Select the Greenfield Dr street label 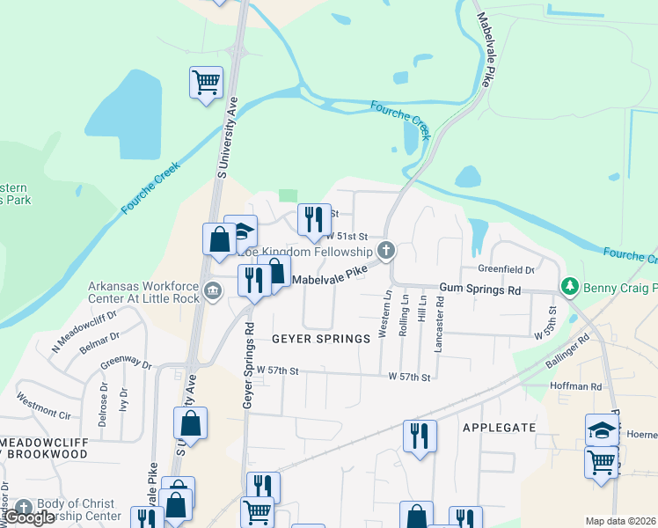coord(507,269)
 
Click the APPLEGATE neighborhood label coord(499,427)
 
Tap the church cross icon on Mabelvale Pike coord(384,252)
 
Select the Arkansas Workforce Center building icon coord(211,290)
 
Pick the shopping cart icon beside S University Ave coord(206,83)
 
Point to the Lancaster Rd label coord(439,324)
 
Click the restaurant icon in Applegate coord(420,435)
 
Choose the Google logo coord(30,517)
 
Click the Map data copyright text coord(621,521)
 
